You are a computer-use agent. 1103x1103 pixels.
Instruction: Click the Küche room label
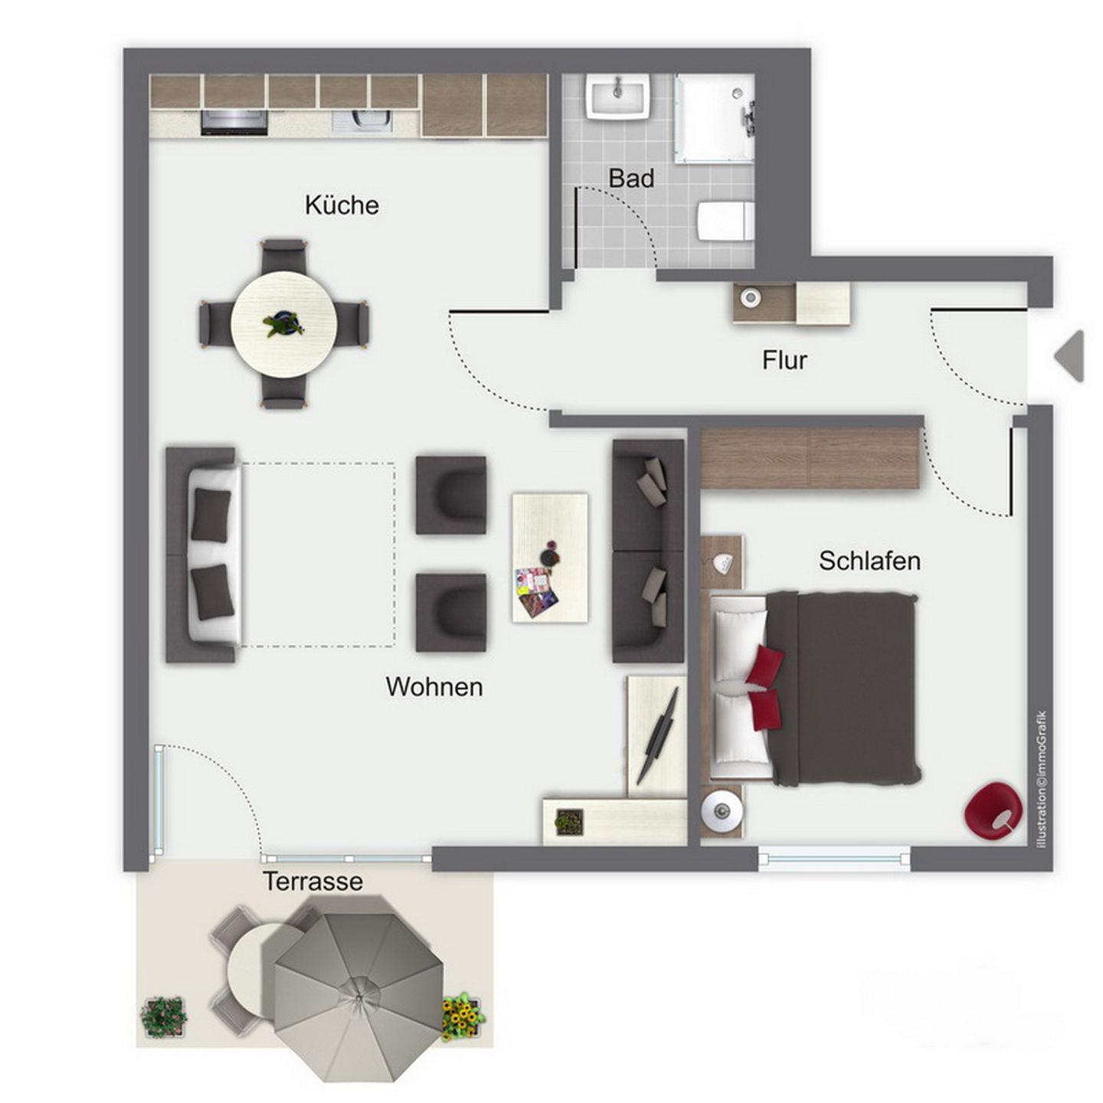pyautogui.click(x=342, y=205)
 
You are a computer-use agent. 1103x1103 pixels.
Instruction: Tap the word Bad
pyautogui.click(x=630, y=178)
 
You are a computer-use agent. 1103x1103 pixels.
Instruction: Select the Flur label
pyautogui.click(x=784, y=360)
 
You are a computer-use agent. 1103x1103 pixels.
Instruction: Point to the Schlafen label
pyautogui.click(x=869, y=561)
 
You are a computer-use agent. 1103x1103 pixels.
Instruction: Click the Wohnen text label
pyautogui.click(x=434, y=687)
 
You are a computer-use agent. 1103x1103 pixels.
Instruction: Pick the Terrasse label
pyautogui.click(x=313, y=881)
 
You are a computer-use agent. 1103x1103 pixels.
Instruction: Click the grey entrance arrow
pyautogui.click(x=1069, y=355)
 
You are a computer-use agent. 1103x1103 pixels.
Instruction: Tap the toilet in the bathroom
pyautogui.click(x=724, y=221)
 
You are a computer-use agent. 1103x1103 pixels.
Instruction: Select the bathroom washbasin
pyautogui.click(x=617, y=97)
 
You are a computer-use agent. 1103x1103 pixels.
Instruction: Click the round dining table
pyautogui.click(x=283, y=324)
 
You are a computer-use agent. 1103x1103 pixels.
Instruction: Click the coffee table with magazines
pyautogui.click(x=549, y=558)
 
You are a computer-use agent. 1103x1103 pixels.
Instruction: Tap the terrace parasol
pyautogui.click(x=358, y=980)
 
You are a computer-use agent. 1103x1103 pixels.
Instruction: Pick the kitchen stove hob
pyautogui.click(x=234, y=122)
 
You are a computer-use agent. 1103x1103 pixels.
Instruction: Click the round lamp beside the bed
pyautogui.click(x=722, y=810)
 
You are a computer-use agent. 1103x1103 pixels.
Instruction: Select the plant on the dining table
pyautogui.click(x=283, y=325)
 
